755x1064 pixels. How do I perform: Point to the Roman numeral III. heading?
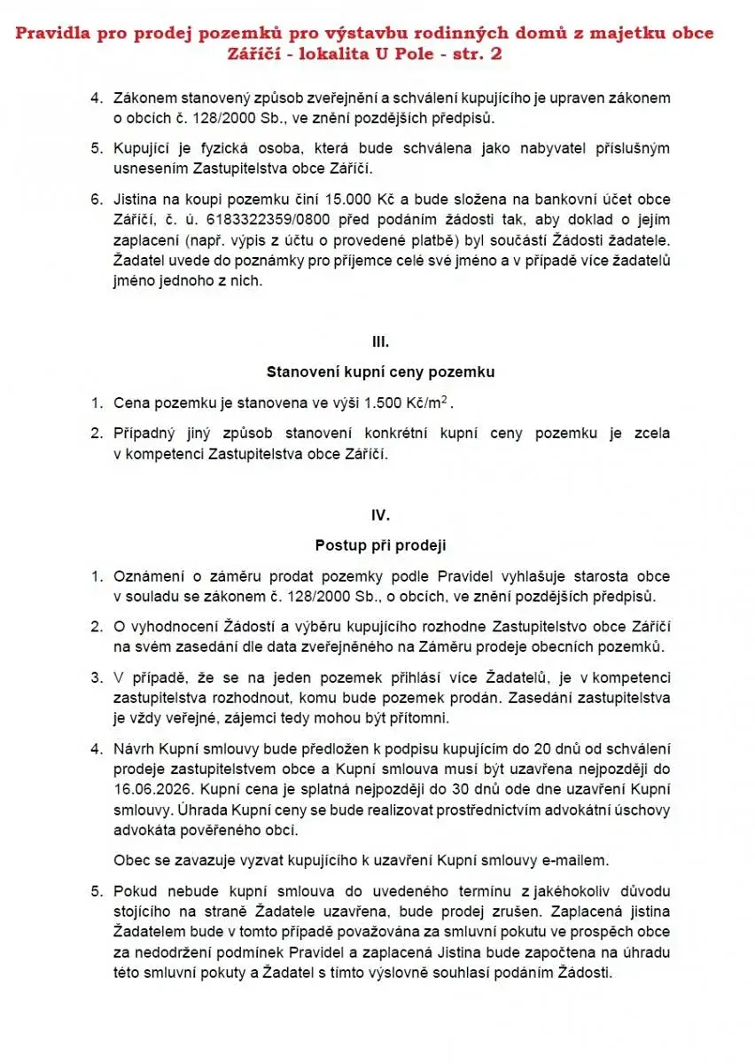380,340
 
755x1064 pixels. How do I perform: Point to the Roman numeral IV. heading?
380,514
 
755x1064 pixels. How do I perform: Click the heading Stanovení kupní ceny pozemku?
380,372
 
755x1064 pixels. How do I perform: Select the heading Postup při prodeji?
380,545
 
